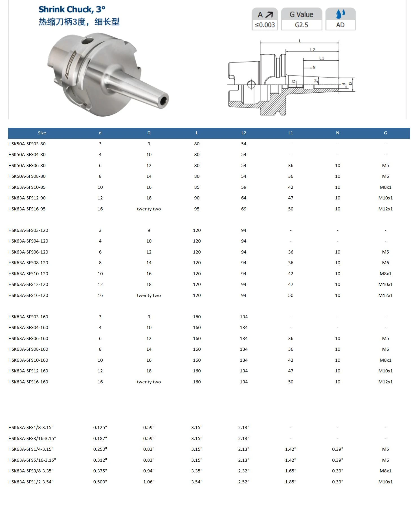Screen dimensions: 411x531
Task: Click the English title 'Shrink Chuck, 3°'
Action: click(72, 10)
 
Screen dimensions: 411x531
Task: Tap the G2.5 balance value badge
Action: click(301, 25)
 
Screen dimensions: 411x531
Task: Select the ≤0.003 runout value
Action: click(265, 25)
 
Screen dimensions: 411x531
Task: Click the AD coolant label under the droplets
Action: click(340, 25)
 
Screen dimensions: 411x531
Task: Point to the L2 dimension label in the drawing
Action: click(312, 50)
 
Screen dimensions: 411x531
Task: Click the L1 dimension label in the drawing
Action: click(322, 58)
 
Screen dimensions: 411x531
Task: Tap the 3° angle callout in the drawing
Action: click(316, 81)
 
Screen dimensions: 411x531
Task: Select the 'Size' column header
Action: click(42, 133)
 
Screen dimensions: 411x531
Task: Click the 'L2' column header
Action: click(244, 133)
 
